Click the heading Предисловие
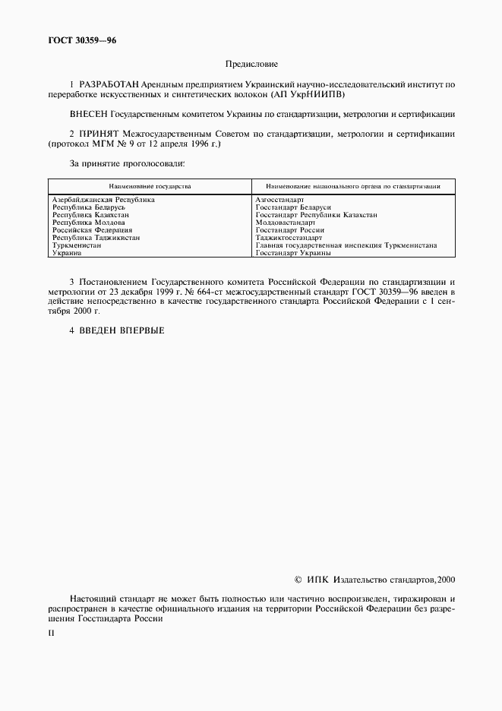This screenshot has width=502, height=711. coord(251,65)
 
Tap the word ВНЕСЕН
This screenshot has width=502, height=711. coord(88,114)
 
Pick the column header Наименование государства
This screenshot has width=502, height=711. coord(150,185)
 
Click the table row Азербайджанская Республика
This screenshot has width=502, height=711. coord(103,199)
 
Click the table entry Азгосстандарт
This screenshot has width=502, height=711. coord(280,199)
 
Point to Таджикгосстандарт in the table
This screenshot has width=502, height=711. coord(289,238)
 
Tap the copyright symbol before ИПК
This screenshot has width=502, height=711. coord(298,580)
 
